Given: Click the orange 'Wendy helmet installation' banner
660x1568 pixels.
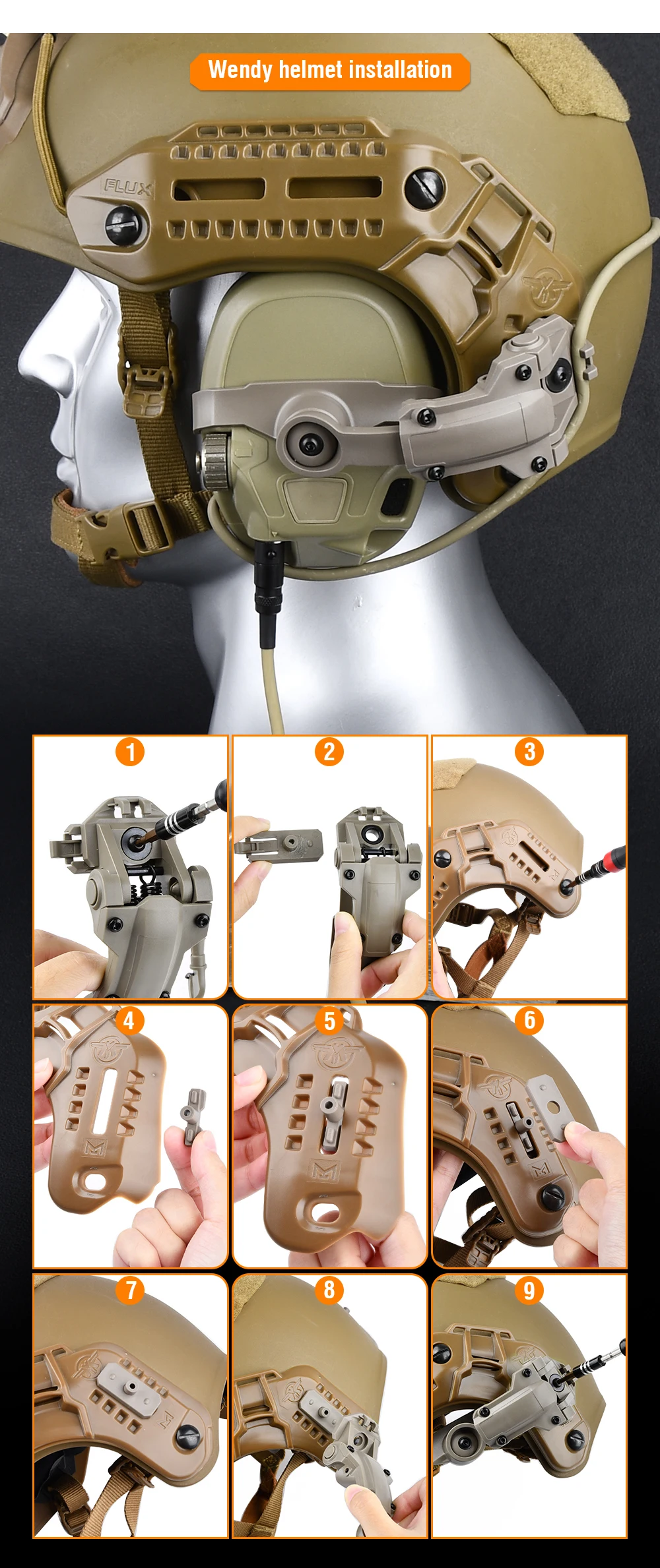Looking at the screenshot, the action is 330,71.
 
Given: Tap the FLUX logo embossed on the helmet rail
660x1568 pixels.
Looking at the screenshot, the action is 128,188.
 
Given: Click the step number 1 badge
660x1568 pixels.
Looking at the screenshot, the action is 130,752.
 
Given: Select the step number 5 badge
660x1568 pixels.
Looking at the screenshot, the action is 329,1021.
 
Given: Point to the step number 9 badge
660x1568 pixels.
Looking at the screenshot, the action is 529,1290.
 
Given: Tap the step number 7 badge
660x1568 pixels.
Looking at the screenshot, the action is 130,1290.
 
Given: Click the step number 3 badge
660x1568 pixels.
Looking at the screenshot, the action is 529,752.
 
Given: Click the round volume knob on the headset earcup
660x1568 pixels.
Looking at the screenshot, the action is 214,453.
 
